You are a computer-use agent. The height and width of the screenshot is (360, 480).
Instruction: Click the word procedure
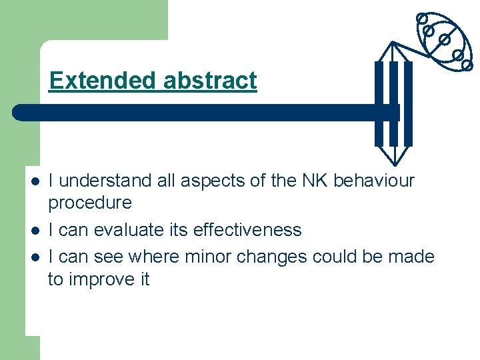[x=90, y=203]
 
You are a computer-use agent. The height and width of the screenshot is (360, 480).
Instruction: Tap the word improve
[x=100, y=279]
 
